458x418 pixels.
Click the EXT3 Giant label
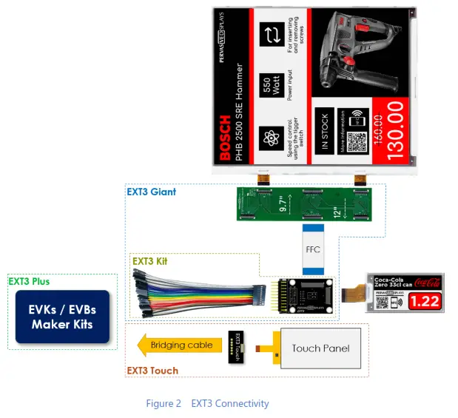(150, 192)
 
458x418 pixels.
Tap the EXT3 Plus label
(30, 281)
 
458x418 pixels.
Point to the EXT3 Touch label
(152, 370)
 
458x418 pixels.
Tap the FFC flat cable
(313, 249)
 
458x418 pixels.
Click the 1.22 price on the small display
(425, 301)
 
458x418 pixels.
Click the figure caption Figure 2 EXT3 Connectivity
(207, 403)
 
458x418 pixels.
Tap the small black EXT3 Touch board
(238, 345)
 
